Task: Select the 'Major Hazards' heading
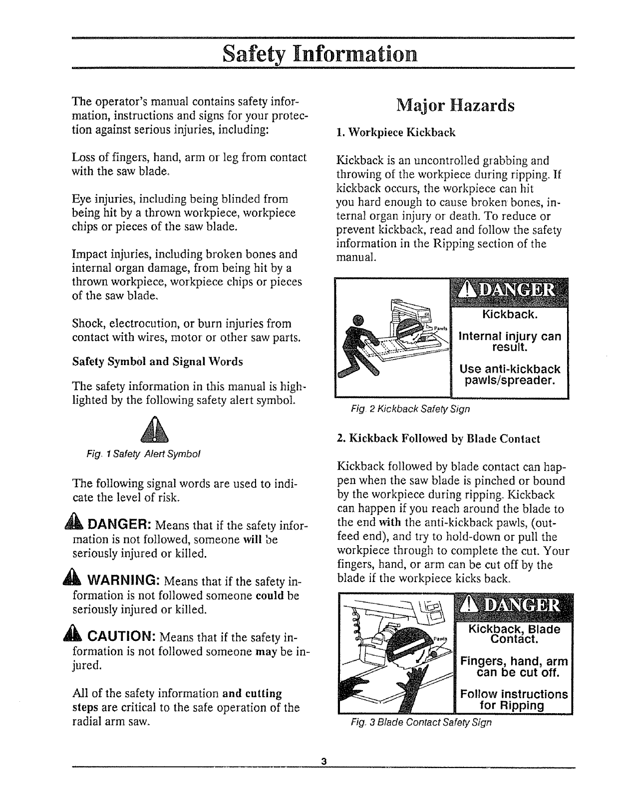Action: pyautogui.click(x=455, y=106)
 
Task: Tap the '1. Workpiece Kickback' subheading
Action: pyautogui.click(x=396, y=133)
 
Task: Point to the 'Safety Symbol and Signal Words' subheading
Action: pyautogui.click(x=158, y=362)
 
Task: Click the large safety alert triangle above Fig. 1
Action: pyautogui.click(x=154, y=430)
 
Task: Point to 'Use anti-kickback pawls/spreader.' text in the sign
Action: pyautogui.click(x=510, y=375)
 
